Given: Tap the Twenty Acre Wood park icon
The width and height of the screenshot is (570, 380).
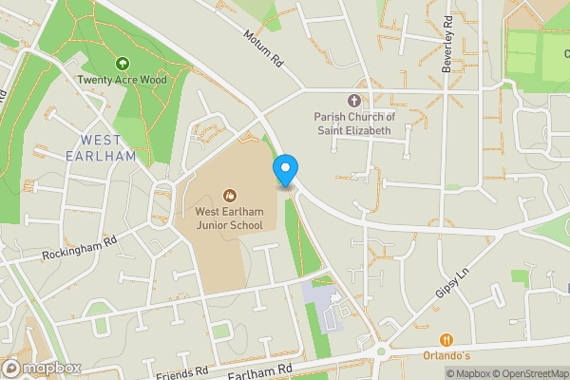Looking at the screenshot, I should point(122,65).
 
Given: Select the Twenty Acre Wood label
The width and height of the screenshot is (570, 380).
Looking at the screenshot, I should point(122,80).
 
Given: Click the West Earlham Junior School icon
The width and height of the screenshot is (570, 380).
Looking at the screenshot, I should point(228,196).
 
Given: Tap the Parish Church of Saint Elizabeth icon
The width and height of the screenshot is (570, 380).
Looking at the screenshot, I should point(355,100).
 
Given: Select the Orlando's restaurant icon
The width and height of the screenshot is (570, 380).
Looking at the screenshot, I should point(446,340).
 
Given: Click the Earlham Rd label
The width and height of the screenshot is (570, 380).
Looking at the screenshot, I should point(267,367).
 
